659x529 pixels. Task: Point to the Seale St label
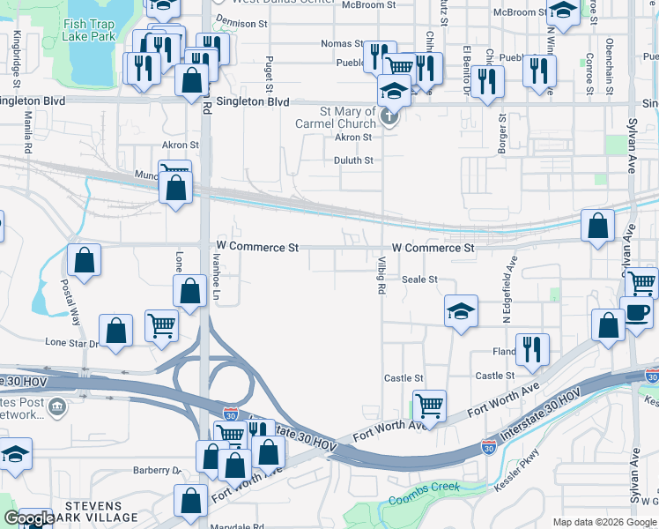pyautogui.click(x=419, y=279)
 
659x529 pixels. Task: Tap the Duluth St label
pyautogui.click(x=353, y=160)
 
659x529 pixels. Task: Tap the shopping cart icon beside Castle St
pyautogui.click(x=429, y=406)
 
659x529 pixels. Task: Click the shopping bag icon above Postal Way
pyautogui.click(x=85, y=260)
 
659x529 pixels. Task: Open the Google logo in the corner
pyautogui.click(x=29, y=518)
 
